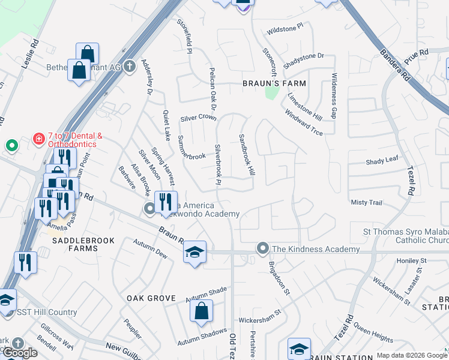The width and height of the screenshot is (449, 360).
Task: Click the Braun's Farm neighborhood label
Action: [274, 83]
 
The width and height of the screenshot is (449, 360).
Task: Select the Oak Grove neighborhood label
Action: [151, 298]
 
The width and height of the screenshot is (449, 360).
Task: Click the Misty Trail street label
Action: [366, 203]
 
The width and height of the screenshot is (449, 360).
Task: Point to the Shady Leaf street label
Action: [382, 160]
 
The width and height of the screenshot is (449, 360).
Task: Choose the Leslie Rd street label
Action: [30, 54]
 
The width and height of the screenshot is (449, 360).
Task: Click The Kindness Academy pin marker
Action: [262, 248]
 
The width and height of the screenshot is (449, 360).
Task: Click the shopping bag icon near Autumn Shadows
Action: [201, 311]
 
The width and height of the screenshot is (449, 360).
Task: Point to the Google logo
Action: [20, 353]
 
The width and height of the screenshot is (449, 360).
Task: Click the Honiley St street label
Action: [411, 261]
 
